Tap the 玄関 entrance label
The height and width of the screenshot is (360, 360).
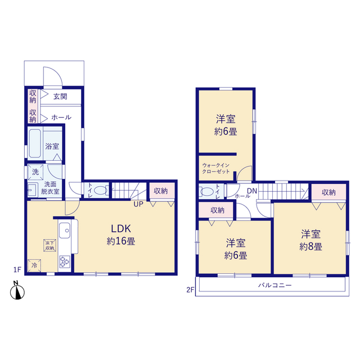[x=60, y=96]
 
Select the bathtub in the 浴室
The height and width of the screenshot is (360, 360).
[x=35, y=143]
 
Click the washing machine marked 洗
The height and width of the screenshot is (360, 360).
[x=35, y=172]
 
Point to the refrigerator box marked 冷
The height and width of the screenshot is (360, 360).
[x=34, y=265]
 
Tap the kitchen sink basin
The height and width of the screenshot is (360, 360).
[x=65, y=230]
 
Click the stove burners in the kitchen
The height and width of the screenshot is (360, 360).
[x=65, y=262]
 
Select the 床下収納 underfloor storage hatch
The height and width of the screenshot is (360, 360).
[x=50, y=245]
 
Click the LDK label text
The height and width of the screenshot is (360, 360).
[x=121, y=229]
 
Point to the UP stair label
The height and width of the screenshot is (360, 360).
[x=138, y=204]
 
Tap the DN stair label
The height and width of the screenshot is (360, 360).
[x=252, y=191]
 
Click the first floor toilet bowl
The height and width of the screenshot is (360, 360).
[x=100, y=190]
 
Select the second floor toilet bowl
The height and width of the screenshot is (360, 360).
[x=207, y=192]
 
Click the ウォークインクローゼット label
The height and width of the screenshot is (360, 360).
[x=216, y=168]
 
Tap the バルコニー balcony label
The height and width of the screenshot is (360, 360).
[x=275, y=285]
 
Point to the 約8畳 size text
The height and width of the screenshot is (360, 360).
[x=311, y=246]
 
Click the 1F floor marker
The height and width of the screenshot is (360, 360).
[x=17, y=269]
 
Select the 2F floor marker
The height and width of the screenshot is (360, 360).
[x=190, y=290]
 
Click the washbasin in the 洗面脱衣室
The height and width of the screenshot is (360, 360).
[x=33, y=190]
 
